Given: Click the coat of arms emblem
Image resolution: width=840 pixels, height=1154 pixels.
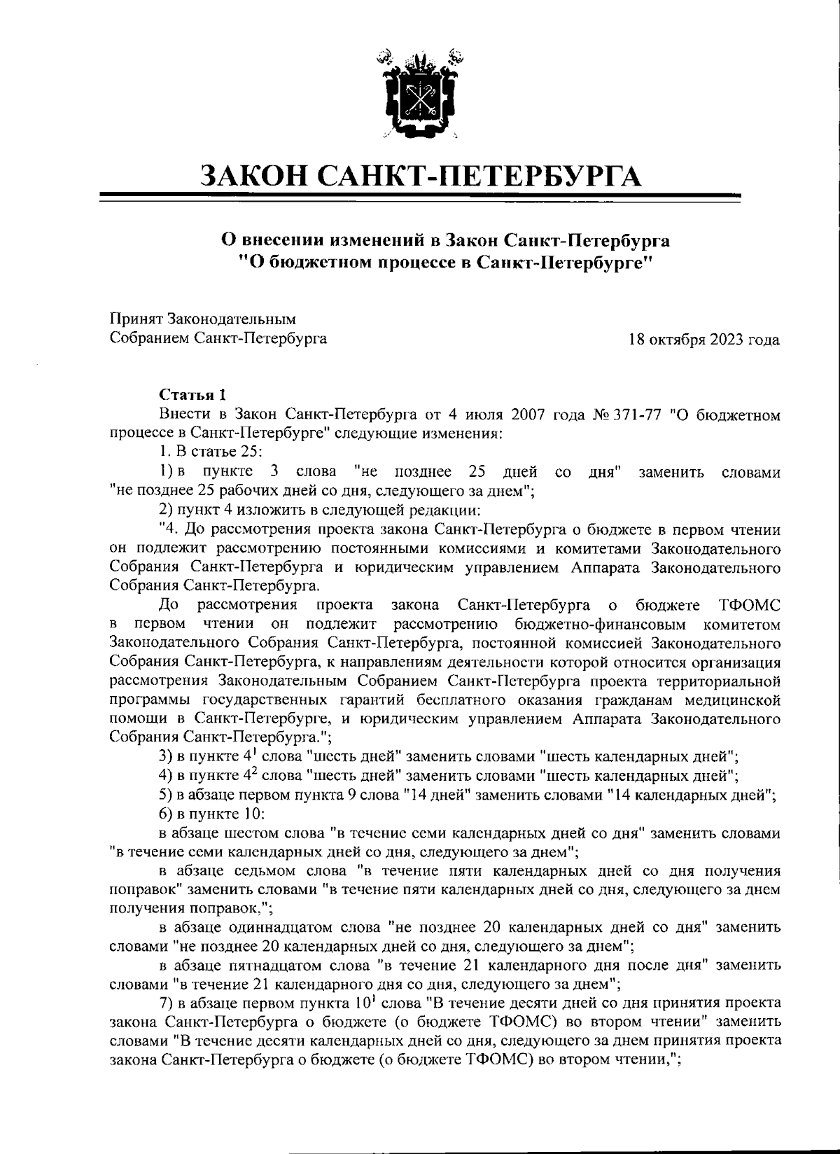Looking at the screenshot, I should pos(419,92).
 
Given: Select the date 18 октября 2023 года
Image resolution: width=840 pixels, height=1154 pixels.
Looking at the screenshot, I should pos(705,340).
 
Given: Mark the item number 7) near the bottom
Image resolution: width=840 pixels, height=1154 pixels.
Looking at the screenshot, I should pos(167,1003).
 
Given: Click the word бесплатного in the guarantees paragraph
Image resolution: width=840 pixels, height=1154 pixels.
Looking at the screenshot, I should pos(459,700).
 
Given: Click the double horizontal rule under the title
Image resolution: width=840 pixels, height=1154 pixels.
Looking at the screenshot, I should pos(421,199).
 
